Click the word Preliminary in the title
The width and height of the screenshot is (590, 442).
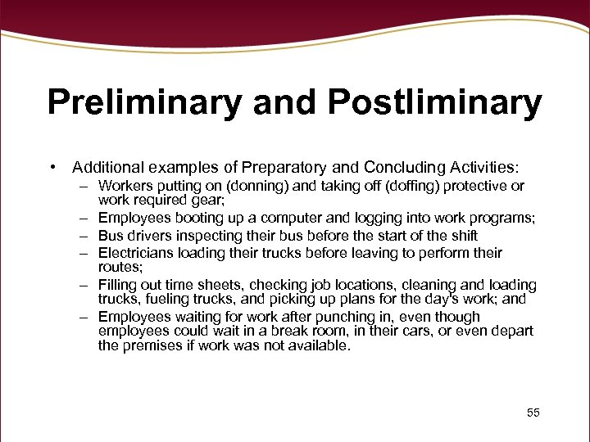click(143, 104)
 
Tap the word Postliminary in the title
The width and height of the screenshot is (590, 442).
click(435, 104)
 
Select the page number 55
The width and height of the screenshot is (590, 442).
click(533, 413)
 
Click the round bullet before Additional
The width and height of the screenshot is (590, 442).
click(52, 167)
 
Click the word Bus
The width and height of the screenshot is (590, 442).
click(110, 236)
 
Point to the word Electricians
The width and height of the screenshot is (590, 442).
click(136, 254)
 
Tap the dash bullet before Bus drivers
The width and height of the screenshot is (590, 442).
click(84, 236)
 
